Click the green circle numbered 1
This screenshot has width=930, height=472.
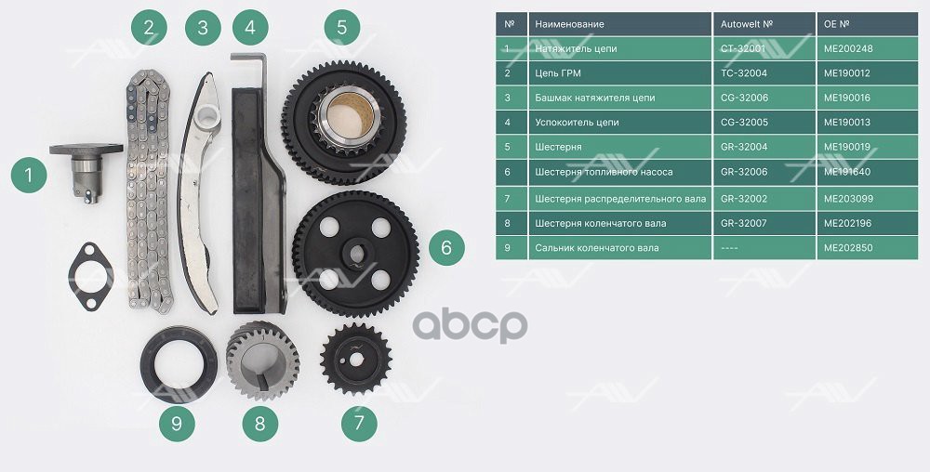[x=29, y=175]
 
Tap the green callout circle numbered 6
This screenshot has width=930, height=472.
[x=446, y=247]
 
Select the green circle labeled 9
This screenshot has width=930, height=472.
[x=177, y=424]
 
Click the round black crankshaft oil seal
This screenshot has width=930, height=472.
[x=179, y=364]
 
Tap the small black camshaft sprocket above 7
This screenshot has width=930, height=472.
[x=355, y=359]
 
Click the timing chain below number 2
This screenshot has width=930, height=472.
[x=149, y=190]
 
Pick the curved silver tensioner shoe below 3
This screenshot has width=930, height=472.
[x=200, y=193]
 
